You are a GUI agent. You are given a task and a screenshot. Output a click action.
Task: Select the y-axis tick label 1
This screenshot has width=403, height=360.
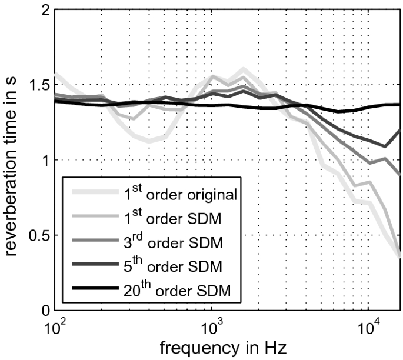(43, 161)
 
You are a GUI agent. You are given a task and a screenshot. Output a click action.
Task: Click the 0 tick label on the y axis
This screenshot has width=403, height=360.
(43, 310)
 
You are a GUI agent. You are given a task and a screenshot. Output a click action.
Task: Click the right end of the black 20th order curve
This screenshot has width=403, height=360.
(400, 105)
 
